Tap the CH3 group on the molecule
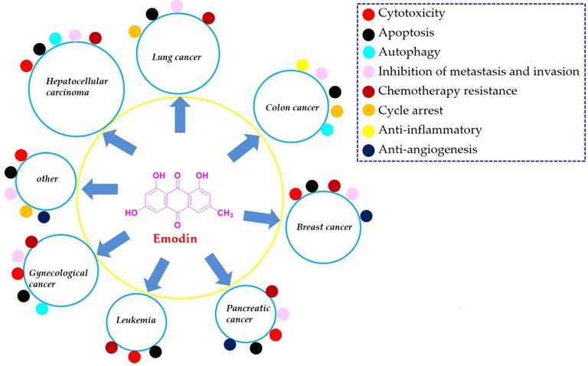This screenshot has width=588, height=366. tap(225, 213)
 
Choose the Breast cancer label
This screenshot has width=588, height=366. tap(325, 227)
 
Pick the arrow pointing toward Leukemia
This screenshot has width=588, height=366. tap(158, 275)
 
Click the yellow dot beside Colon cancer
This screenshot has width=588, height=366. tap(302, 65)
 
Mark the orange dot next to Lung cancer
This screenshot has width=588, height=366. tap(135, 31)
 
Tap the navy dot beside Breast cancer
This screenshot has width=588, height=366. tap(367, 216)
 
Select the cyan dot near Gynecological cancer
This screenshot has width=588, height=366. tap(42, 308)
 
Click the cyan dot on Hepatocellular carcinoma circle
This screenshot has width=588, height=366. tap(55, 38)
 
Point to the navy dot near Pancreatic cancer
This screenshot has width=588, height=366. tap(230, 345)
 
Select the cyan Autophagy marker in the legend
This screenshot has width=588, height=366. tap(369, 53)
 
